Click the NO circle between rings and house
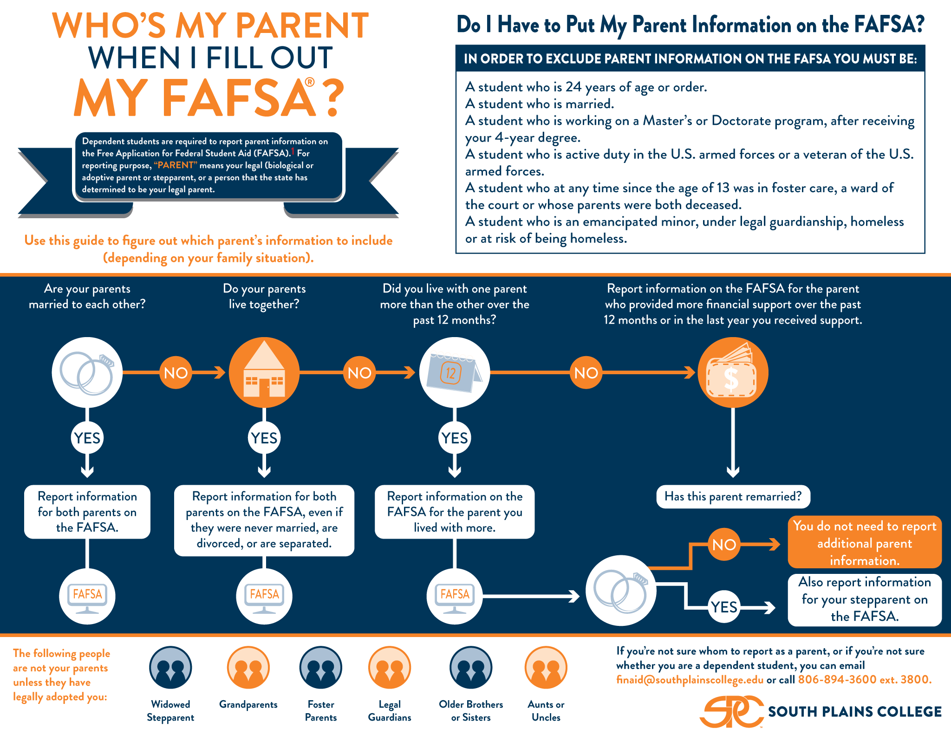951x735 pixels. [x=176, y=372]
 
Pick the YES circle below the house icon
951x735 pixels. [x=264, y=438]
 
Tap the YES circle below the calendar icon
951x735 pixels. [x=455, y=438]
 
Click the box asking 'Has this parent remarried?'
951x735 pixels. [x=733, y=497]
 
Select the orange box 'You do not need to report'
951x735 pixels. [x=865, y=542]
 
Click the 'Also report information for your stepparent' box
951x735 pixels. [x=865, y=600]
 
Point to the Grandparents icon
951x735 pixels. [x=248, y=667]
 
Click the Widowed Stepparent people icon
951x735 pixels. [x=170, y=667]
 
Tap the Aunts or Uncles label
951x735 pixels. [x=546, y=711]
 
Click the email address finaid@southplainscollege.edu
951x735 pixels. [x=690, y=680]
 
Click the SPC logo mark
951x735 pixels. [x=731, y=711]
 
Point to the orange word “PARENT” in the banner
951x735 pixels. [x=176, y=165]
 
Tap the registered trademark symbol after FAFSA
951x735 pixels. [x=310, y=82]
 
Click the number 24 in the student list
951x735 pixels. [x=573, y=87]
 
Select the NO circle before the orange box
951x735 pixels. [x=724, y=544]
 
